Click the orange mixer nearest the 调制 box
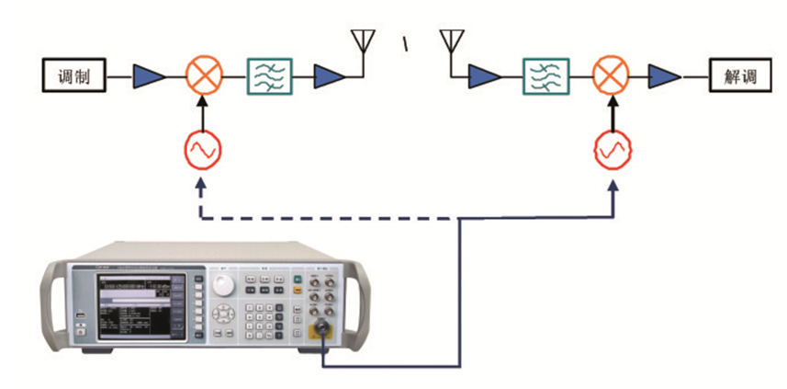pos(203,75)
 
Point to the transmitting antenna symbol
pos(364,42)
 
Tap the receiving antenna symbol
pos(449,42)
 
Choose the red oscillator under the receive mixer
pos(610,150)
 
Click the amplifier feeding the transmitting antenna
pos(329,75)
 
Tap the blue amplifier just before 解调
pos(663,75)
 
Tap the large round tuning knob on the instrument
pos(224,286)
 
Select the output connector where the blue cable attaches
pos(323,333)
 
